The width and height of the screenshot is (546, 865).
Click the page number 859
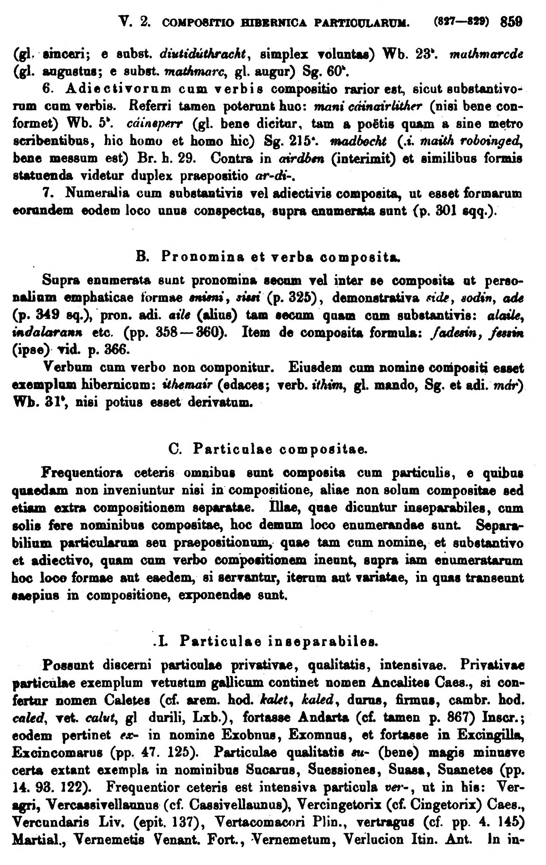tap(511, 22)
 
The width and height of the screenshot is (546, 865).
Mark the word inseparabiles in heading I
tap(323, 641)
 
